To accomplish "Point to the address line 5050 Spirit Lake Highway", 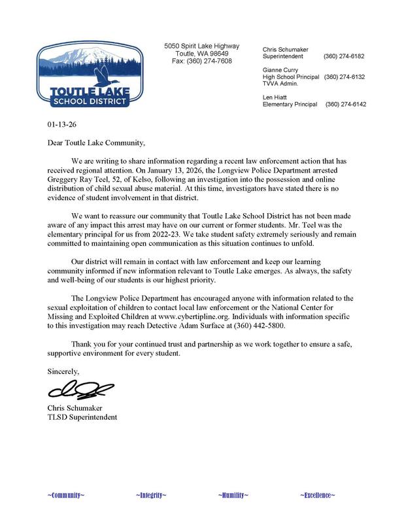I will [x=201, y=46].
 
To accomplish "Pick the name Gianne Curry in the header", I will [x=281, y=69].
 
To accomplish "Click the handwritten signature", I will [x=73, y=391].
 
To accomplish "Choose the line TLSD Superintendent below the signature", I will [x=82, y=417].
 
